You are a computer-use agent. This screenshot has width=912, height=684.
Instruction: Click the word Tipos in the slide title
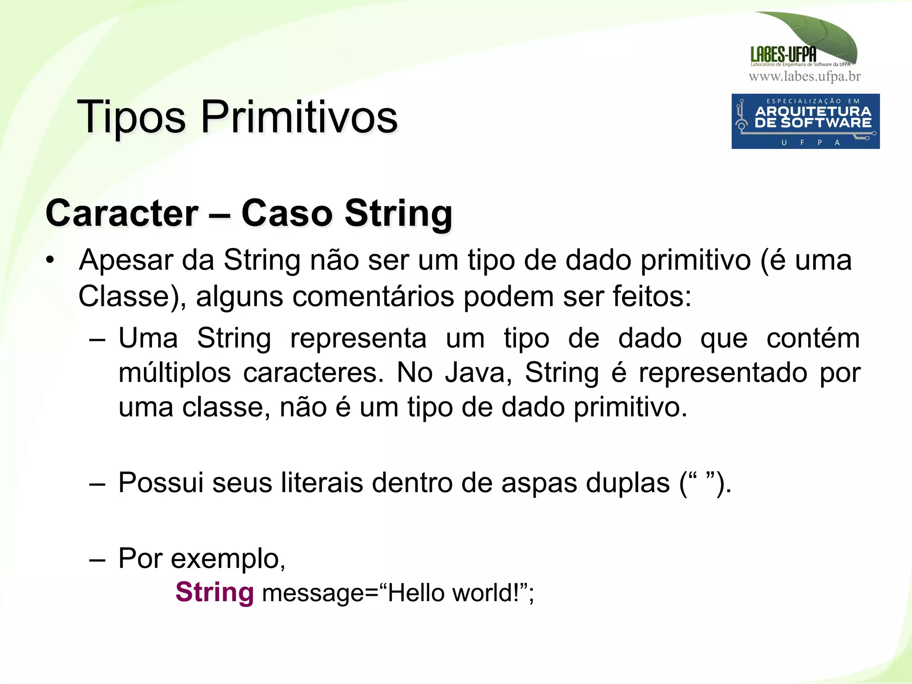click(131, 117)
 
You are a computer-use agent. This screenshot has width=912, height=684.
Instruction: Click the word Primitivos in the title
click(299, 117)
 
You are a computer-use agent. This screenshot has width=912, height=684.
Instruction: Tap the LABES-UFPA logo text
click(783, 55)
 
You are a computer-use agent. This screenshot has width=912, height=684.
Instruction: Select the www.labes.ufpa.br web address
click(805, 77)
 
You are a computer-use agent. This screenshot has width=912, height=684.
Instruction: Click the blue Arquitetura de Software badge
click(805, 121)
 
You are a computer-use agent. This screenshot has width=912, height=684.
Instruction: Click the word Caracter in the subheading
click(122, 213)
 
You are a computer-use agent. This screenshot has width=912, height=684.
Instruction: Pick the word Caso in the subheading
click(287, 213)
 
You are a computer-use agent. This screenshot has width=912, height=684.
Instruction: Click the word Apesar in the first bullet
click(126, 260)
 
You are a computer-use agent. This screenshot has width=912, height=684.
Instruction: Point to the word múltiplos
click(175, 372)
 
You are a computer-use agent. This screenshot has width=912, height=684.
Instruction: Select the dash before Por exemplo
click(97, 559)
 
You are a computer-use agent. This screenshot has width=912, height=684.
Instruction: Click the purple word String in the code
click(215, 592)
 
